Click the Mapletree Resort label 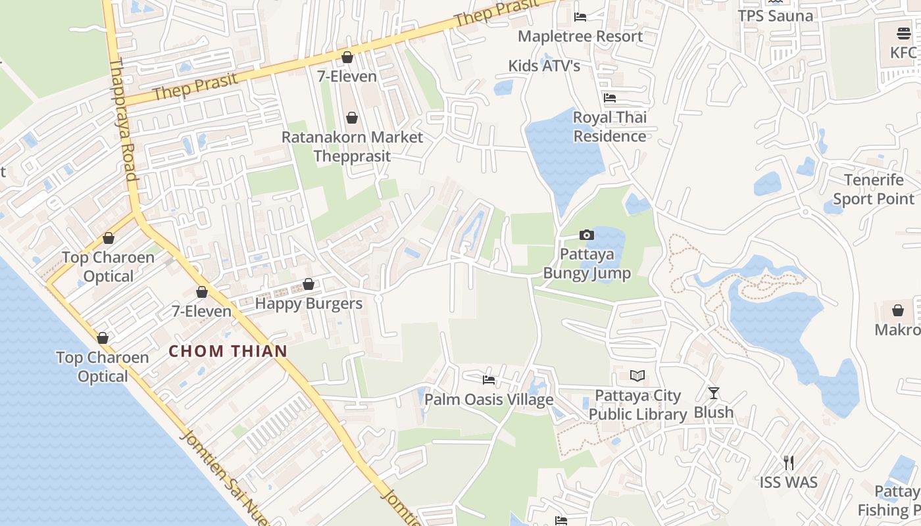(x=580, y=36)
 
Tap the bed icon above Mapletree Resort (x=580, y=16)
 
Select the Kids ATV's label (x=544, y=66)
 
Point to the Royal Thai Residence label (x=610, y=127)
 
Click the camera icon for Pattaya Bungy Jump (x=586, y=235)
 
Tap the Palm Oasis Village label (x=489, y=400)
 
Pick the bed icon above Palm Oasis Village (x=489, y=379)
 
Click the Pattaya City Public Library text (x=637, y=405)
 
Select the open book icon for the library (x=637, y=375)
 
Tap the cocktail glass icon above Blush (x=714, y=393)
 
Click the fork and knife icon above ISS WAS (x=789, y=463)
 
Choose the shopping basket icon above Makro (x=898, y=310)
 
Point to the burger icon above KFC (x=903, y=33)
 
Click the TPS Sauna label (x=775, y=16)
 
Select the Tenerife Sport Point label (x=874, y=189)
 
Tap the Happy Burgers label (x=309, y=304)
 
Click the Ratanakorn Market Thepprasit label (x=352, y=147)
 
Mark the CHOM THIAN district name (x=228, y=351)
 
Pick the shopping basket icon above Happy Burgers (x=308, y=284)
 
